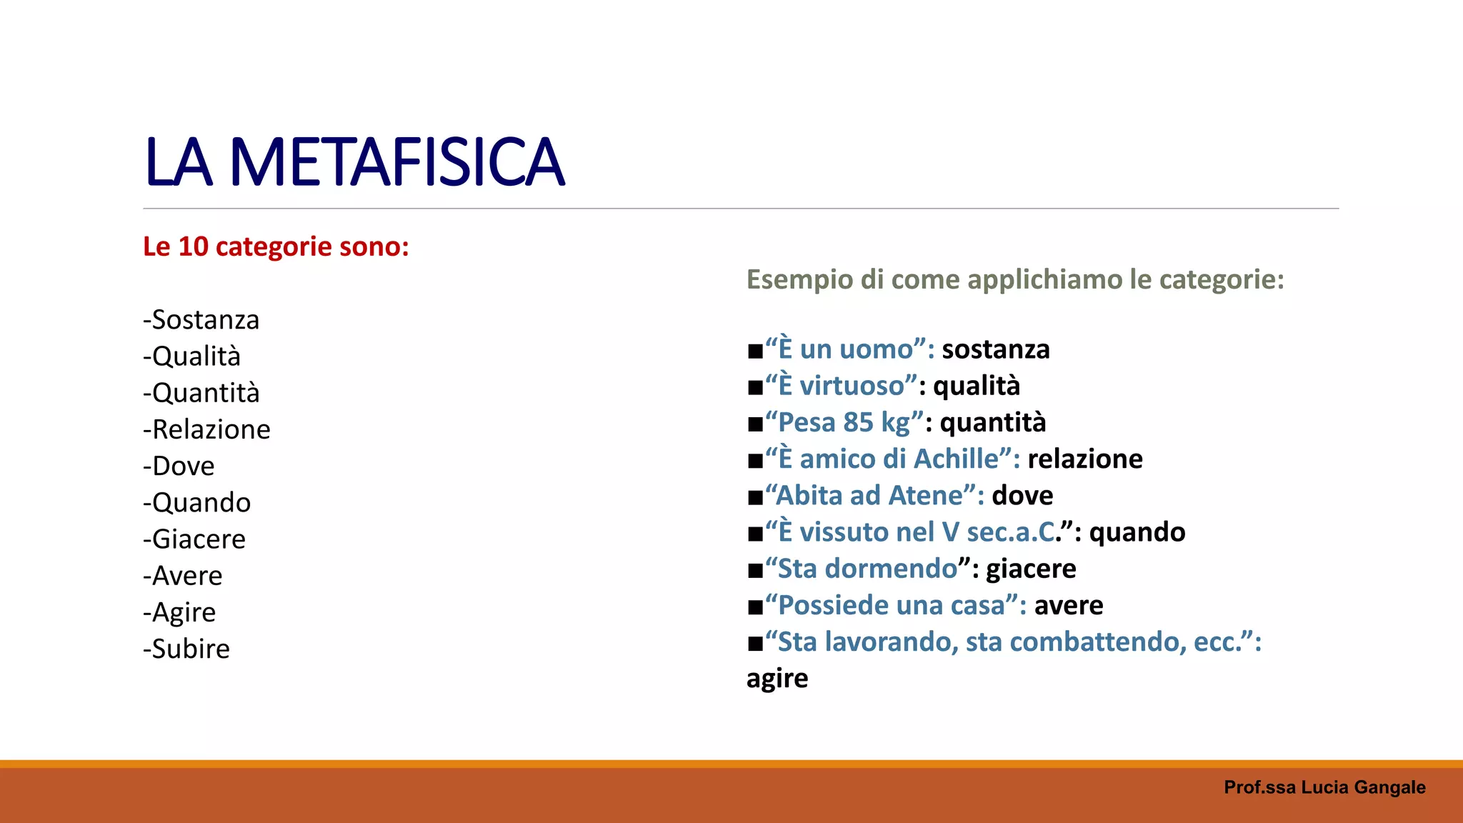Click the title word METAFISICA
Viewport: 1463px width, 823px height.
pyautogui.click(x=396, y=163)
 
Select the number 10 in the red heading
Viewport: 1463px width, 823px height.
pyautogui.click(x=193, y=247)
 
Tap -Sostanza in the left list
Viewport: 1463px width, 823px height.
pyautogui.click(x=201, y=320)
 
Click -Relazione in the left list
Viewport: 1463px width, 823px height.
pyautogui.click(x=206, y=429)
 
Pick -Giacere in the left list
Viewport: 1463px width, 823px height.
pyautogui.click(x=194, y=539)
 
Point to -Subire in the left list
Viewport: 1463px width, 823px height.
pyautogui.click(x=186, y=649)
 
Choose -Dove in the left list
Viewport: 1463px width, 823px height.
pyautogui.click(x=179, y=466)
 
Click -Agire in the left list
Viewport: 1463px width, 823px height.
pyautogui.click(x=179, y=612)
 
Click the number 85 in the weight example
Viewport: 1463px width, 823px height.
pyautogui.click(x=858, y=422)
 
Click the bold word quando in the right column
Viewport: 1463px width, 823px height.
pyautogui.click(x=1137, y=532)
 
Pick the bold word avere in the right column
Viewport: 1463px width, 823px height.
pyautogui.click(x=1069, y=605)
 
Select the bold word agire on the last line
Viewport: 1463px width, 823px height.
pyautogui.click(x=777, y=679)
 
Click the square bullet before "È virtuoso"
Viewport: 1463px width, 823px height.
pyautogui.click(x=755, y=387)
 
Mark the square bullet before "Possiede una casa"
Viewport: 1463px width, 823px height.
pyautogui.click(x=755, y=607)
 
